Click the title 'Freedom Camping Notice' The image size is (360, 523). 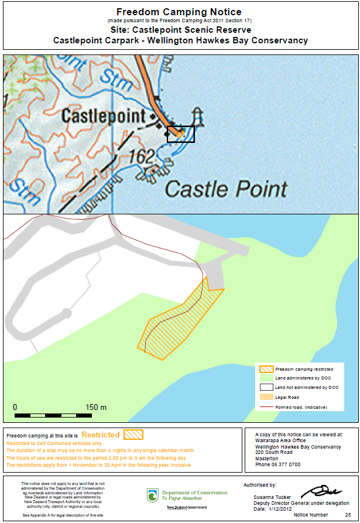(x=180, y=12)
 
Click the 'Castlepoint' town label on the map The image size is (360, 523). (x=105, y=115)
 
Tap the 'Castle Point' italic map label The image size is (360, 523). (x=226, y=189)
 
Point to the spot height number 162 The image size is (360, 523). (x=142, y=156)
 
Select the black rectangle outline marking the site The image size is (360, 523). (x=181, y=134)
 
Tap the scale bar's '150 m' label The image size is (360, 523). (x=96, y=407)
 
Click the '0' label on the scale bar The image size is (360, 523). (x=15, y=407)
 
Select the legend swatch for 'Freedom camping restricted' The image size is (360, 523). (x=266, y=370)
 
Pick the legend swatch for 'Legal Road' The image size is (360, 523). (x=266, y=397)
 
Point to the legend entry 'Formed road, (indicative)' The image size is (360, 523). (x=301, y=406)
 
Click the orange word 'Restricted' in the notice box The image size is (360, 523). (x=101, y=435)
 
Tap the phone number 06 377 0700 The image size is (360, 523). (x=278, y=464)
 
